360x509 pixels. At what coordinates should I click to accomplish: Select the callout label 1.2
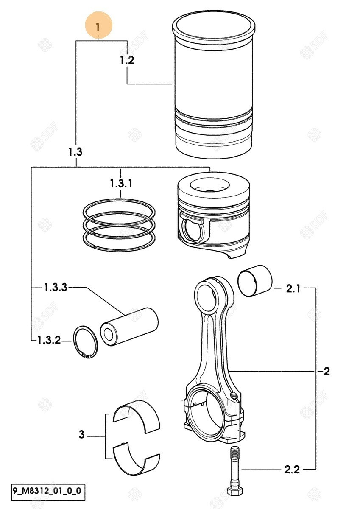[x=127, y=60]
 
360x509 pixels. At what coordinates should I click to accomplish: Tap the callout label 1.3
[x=75, y=152]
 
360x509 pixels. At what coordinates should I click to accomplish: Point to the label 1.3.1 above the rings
[x=121, y=184]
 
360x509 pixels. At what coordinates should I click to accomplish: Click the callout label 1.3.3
[x=55, y=288]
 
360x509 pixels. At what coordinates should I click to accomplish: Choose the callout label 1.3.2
[x=49, y=340]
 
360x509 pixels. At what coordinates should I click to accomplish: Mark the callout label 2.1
[x=293, y=289]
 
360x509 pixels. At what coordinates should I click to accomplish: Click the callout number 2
[x=326, y=372]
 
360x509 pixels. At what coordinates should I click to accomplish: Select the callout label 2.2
[x=292, y=470]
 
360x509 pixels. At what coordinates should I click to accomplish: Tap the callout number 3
[x=82, y=434]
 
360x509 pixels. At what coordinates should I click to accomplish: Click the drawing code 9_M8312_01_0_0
[x=43, y=492]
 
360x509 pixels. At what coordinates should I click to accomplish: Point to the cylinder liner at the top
[x=215, y=85]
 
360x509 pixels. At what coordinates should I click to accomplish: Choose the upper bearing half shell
[x=137, y=417]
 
